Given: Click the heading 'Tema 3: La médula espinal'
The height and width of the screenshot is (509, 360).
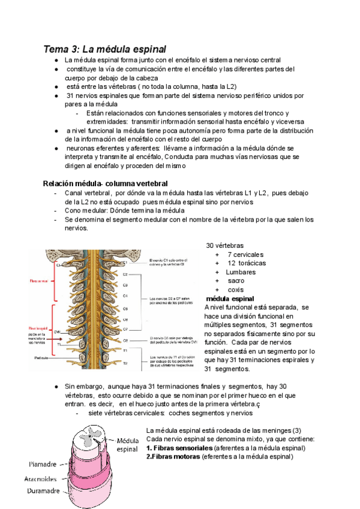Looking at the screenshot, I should pos(104,48).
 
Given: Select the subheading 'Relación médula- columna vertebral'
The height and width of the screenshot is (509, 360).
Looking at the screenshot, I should pos(105,182).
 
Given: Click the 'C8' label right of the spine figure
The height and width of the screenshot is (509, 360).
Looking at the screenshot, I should pos(125,339).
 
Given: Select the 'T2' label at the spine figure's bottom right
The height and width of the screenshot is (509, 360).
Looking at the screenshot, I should pos(125,363).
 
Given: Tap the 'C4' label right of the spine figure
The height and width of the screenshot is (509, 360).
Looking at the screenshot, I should pos(125,295).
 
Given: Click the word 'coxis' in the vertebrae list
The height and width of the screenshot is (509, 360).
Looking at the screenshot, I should pos(236,289).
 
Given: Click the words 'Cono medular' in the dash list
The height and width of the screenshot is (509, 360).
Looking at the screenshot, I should pos(83,211).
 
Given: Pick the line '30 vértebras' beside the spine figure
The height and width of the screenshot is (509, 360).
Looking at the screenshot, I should pos(225,246).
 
